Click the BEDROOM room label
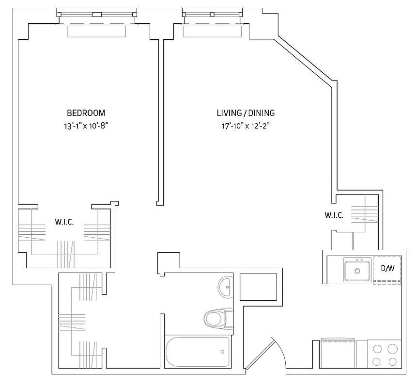coord(86,113)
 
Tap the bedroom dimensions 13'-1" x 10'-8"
coord(86,126)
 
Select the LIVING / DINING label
coord(246,113)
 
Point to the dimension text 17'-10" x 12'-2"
coord(246,126)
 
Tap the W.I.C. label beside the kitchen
coord(334,215)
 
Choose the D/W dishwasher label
coord(387,268)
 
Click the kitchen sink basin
coord(357,270)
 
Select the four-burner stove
coord(385,355)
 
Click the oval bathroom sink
coord(225,288)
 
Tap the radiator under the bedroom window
coord(96,31)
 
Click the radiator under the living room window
coord(212,31)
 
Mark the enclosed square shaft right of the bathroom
coord(258,287)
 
